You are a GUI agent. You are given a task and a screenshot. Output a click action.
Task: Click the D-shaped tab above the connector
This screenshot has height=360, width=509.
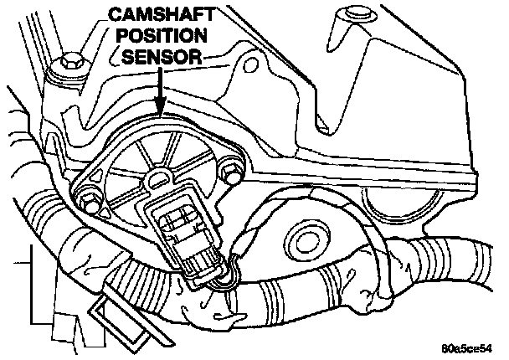coord(157,178)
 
